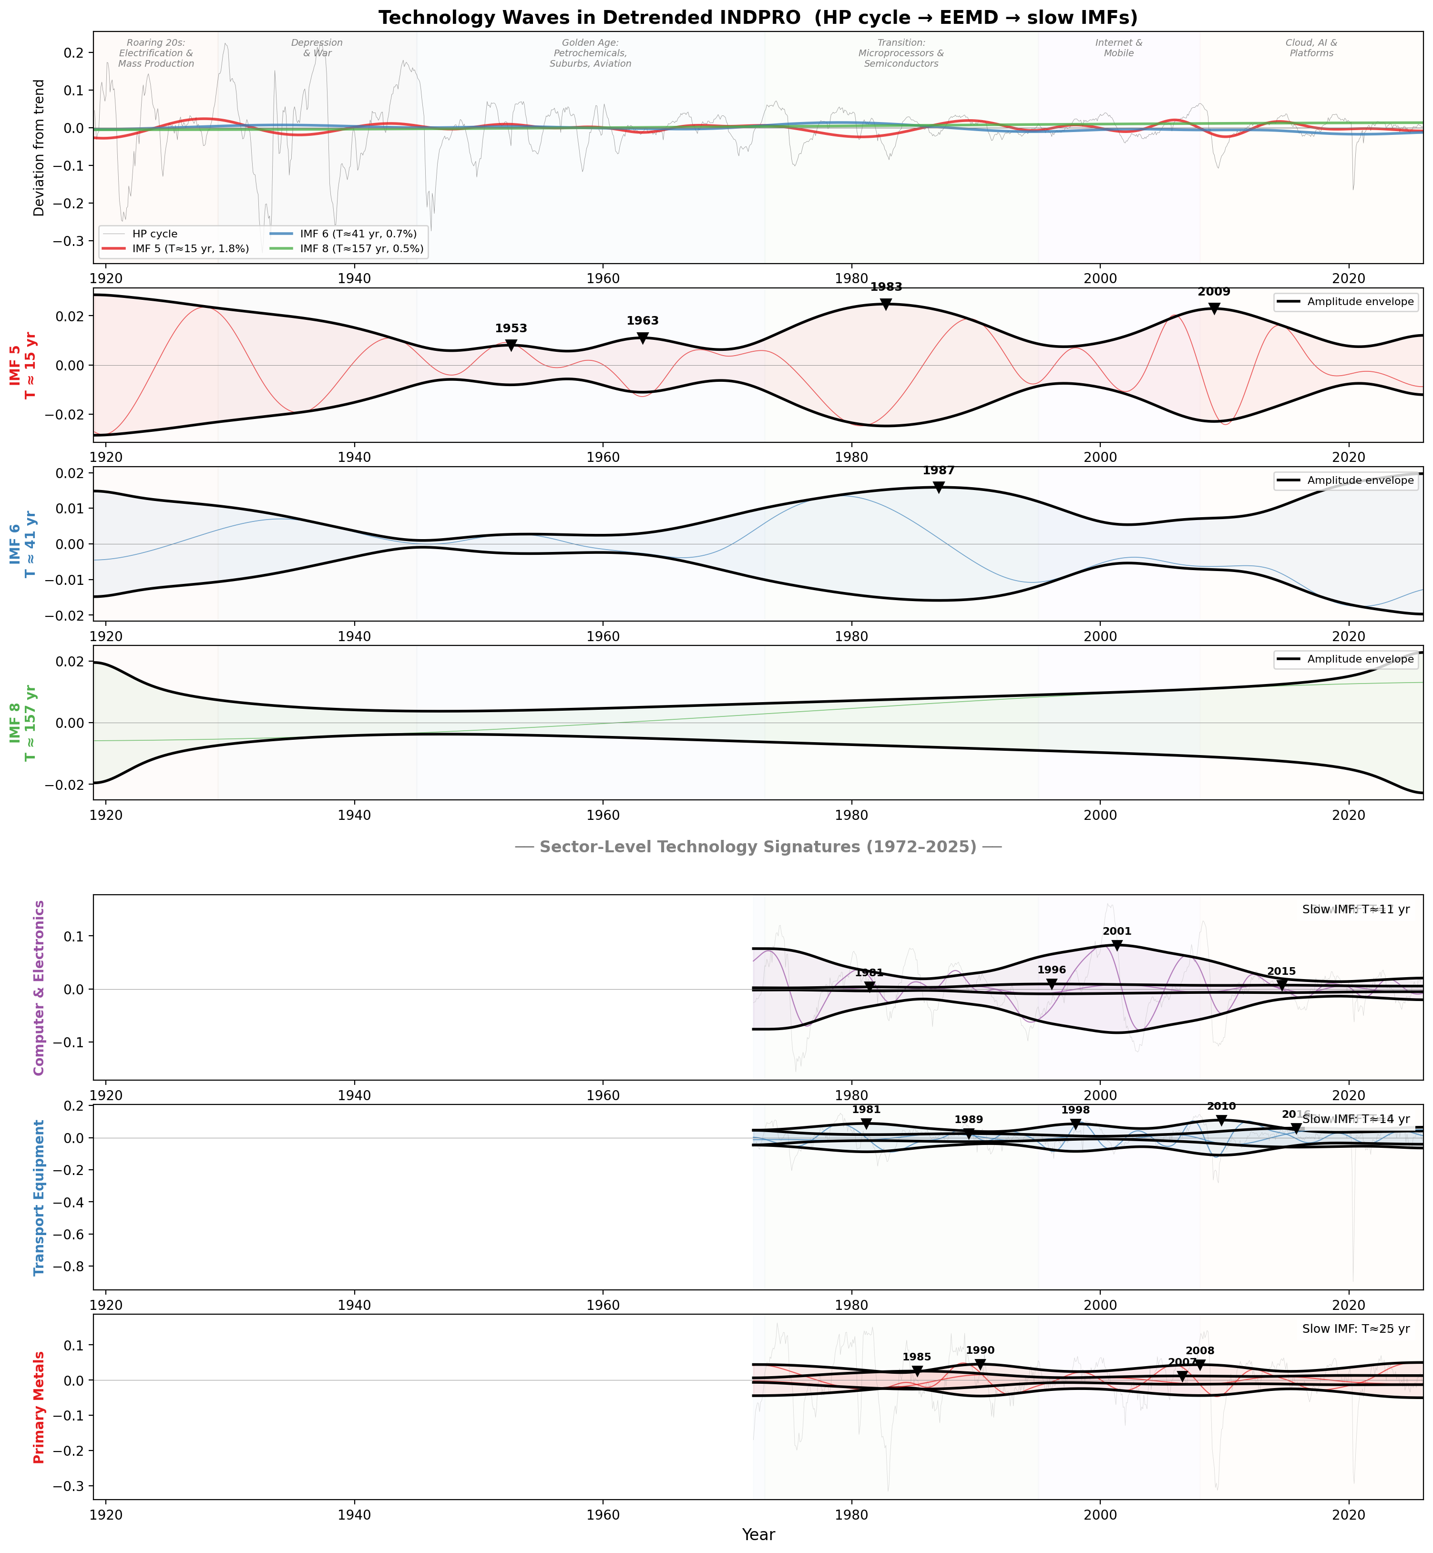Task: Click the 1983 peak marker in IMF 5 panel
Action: pos(886,305)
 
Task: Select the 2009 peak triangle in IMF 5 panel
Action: pos(1214,308)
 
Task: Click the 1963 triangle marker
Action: pos(643,338)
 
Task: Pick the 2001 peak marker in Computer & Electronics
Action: pos(1116,946)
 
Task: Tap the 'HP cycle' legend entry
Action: pos(155,234)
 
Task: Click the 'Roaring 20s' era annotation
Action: pos(156,53)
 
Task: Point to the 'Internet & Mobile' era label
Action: pos(1118,48)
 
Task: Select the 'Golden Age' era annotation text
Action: pos(590,53)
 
